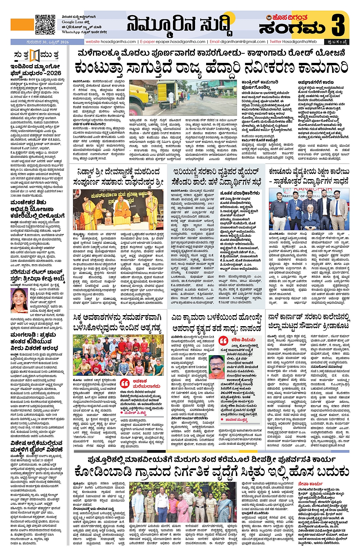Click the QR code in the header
45,25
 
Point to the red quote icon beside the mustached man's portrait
224,340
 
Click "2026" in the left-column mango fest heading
53,73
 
